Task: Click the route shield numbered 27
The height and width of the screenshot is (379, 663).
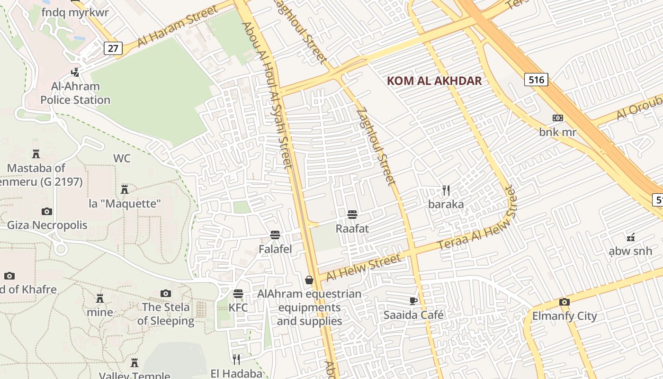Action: pos(113,48)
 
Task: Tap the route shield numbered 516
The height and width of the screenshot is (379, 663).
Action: pos(536,80)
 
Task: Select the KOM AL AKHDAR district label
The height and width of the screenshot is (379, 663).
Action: pos(434,81)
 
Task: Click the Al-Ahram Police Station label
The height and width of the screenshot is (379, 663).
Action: pos(75,93)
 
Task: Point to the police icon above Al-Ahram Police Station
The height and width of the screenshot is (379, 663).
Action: pos(75,72)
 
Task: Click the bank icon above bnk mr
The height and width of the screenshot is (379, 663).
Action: pos(558,118)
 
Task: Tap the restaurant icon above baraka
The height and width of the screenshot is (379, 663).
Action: pos(446,190)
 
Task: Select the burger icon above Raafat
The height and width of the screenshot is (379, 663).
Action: pos(352,215)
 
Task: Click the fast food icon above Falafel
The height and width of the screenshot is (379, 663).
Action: pos(275,235)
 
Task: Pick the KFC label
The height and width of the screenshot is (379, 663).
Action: pos(238,307)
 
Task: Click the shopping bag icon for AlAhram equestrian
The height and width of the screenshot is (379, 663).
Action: pos(309,280)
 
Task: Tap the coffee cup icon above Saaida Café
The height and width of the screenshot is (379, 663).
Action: pos(413,301)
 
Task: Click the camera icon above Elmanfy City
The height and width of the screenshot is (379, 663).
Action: pos(564,302)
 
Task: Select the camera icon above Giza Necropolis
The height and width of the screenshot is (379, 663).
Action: pos(46,211)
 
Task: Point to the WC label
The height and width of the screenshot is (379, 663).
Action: pos(122,158)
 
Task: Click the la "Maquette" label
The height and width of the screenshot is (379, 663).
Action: pos(125,204)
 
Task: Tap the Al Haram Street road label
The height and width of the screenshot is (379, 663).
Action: pos(178,27)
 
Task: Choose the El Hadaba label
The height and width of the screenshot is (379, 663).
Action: pos(236,373)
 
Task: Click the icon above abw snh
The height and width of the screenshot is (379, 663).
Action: pos(630,237)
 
